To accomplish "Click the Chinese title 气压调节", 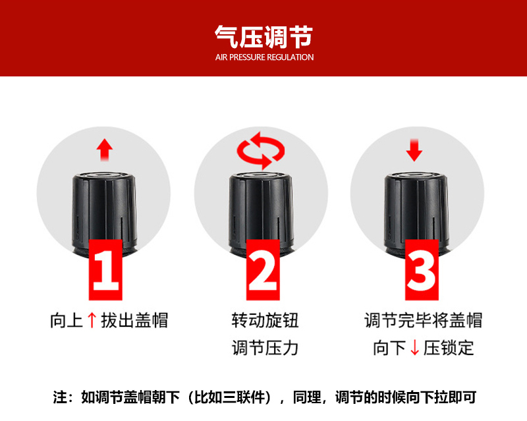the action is [264, 37].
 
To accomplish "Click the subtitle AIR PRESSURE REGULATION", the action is [265, 57].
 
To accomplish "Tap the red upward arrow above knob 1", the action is [105, 150].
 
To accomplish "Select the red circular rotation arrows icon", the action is [261, 150].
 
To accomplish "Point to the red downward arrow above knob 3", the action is [414, 150].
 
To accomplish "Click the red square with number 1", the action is [105, 269].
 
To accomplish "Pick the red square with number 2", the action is [263, 269].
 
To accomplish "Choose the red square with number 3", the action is [422, 269].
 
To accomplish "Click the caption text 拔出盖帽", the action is [134, 320].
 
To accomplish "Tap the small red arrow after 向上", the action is [92, 320].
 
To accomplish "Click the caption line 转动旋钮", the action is [265, 320].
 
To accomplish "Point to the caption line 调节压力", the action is [265, 348].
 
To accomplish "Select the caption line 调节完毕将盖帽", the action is [423, 320].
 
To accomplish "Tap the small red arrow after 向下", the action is [415, 348].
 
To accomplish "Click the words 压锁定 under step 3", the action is [449, 348].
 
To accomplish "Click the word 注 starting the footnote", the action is [60, 397].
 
